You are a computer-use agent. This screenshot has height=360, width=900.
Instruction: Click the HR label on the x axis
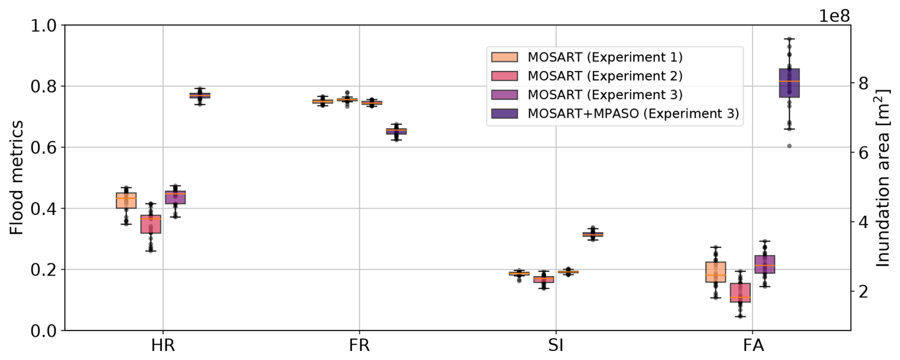pos(163,345)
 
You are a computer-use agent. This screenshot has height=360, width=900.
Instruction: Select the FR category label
pos(359,345)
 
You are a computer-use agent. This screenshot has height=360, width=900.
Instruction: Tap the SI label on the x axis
pos(556,345)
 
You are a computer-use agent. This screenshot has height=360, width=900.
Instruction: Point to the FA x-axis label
pos(753,345)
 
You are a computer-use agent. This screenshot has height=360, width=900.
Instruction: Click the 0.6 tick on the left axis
pos(43,147)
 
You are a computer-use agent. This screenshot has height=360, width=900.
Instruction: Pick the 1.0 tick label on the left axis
pos(43,26)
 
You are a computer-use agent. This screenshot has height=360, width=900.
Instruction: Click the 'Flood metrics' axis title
pos(17,177)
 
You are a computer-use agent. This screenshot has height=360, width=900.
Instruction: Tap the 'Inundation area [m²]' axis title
pos(883,178)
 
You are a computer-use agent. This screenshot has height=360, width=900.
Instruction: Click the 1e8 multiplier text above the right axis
pos(834,16)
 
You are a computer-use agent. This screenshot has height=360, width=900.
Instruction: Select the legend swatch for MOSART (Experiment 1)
pos(504,57)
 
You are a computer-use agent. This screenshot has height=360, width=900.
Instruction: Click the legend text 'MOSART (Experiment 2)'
pos(605,76)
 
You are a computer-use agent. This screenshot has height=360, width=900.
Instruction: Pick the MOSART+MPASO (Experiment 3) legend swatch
pos(504,114)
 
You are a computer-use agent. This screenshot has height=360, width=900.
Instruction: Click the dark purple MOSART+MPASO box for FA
pos(789,83)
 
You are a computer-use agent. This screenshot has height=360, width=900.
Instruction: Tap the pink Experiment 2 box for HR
pos(151,224)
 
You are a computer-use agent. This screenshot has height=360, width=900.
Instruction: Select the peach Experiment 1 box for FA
pos(715,272)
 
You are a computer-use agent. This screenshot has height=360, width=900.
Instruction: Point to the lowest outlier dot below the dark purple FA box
pos(789,146)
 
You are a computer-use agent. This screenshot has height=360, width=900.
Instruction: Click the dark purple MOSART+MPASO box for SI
pos(593,234)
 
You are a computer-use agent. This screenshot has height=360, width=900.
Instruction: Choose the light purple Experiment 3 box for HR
pos(175,197)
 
